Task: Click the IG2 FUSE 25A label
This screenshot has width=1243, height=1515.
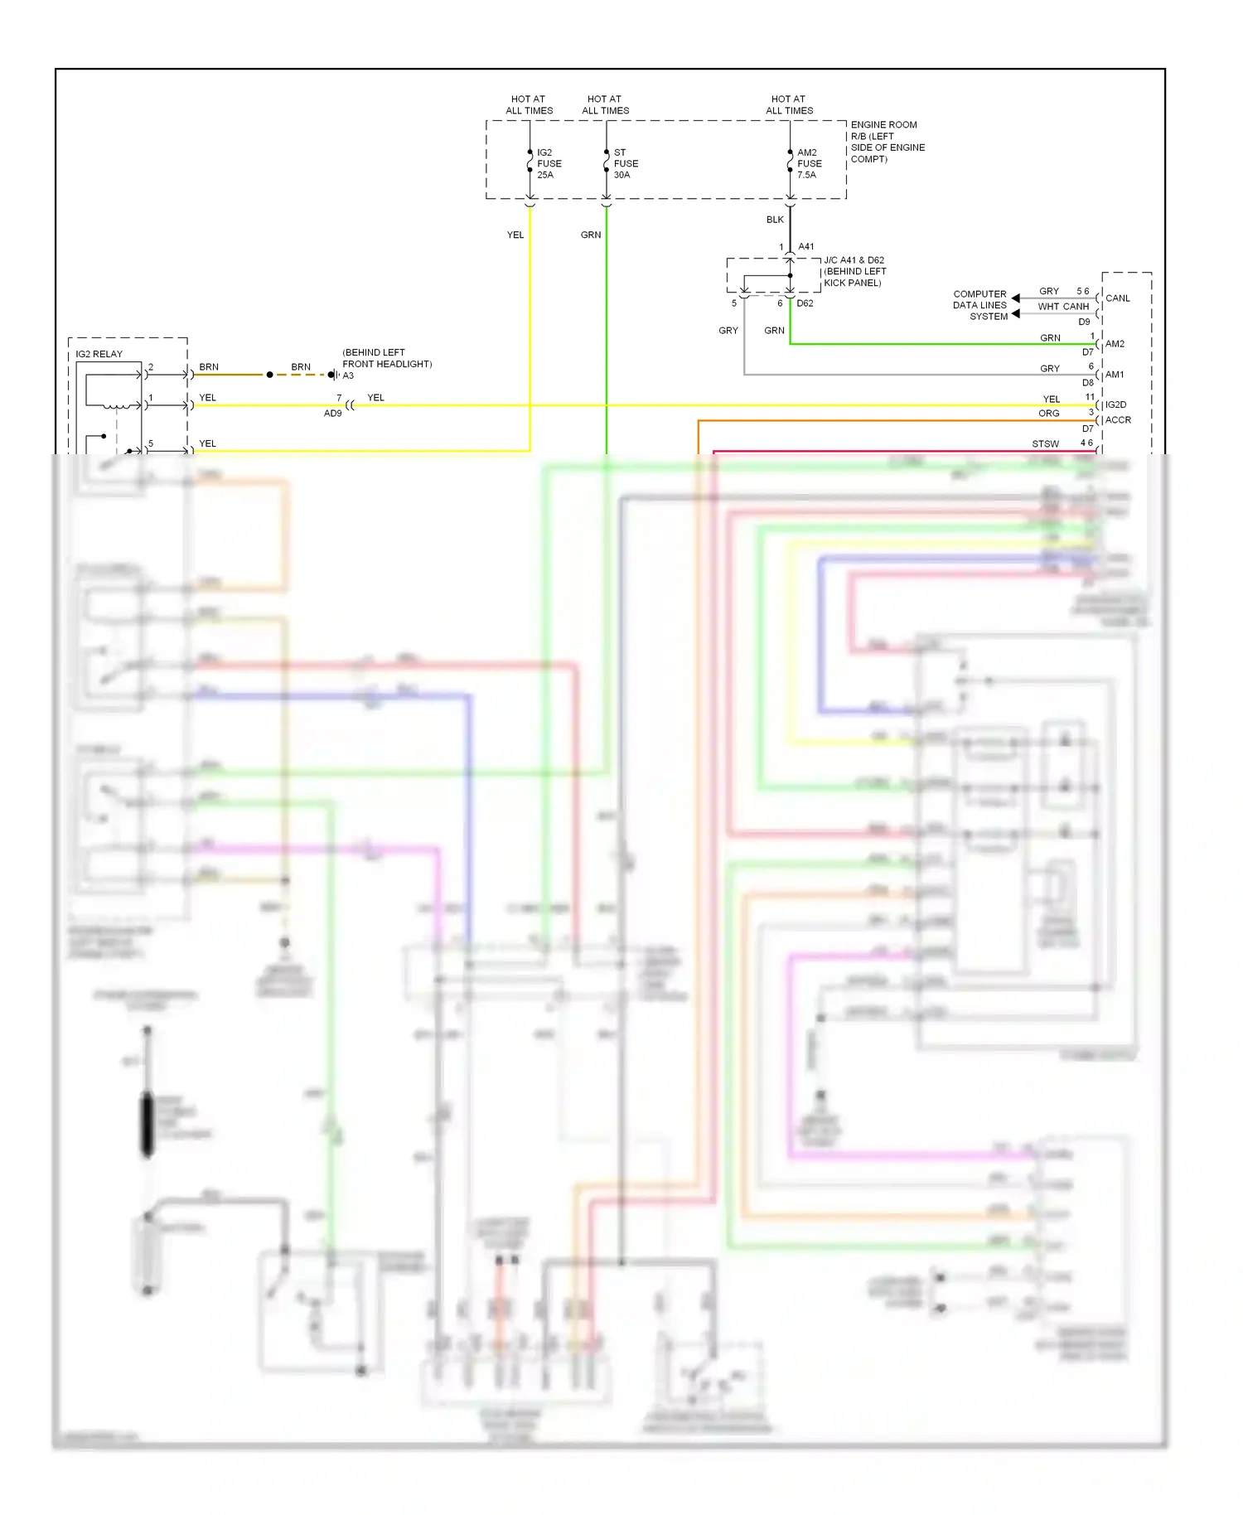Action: pyautogui.click(x=549, y=163)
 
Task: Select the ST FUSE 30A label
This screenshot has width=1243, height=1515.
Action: pyautogui.click(x=626, y=163)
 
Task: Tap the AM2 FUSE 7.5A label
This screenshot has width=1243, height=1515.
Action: pyautogui.click(x=809, y=163)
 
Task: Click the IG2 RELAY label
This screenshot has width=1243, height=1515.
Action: pyautogui.click(x=99, y=354)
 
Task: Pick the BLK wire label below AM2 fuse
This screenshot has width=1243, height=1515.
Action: pyautogui.click(x=775, y=220)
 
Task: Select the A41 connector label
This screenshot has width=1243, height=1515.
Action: pyautogui.click(x=805, y=246)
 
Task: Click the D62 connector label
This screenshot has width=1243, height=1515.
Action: pyautogui.click(x=805, y=303)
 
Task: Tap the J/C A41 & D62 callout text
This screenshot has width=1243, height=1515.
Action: pyautogui.click(x=854, y=271)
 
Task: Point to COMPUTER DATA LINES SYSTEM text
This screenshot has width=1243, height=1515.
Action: pyautogui.click(x=980, y=305)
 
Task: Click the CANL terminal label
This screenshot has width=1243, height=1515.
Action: pyautogui.click(x=1117, y=298)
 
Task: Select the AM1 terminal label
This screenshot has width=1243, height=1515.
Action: pyautogui.click(x=1115, y=375)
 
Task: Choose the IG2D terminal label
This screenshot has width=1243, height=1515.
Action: pyautogui.click(x=1115, y=404)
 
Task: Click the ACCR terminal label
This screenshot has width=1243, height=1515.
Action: pyautogui.click(x=1117, y=420)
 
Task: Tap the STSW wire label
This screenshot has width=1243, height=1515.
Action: pyautogui.click(x=1045, y=444)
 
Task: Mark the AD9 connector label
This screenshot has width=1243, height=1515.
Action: pyautogui.click(x=332, y=413)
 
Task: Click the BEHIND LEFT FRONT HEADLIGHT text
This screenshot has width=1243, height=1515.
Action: pyautogui.click(x=386, y=358)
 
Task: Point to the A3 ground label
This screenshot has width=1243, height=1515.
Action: pyautogui.click(x=348, y=375)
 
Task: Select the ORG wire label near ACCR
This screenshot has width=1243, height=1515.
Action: pyautogui.click(x=1048, y=414)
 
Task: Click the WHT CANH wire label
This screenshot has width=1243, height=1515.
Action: pyautogui.click(x=1063, y=307)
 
